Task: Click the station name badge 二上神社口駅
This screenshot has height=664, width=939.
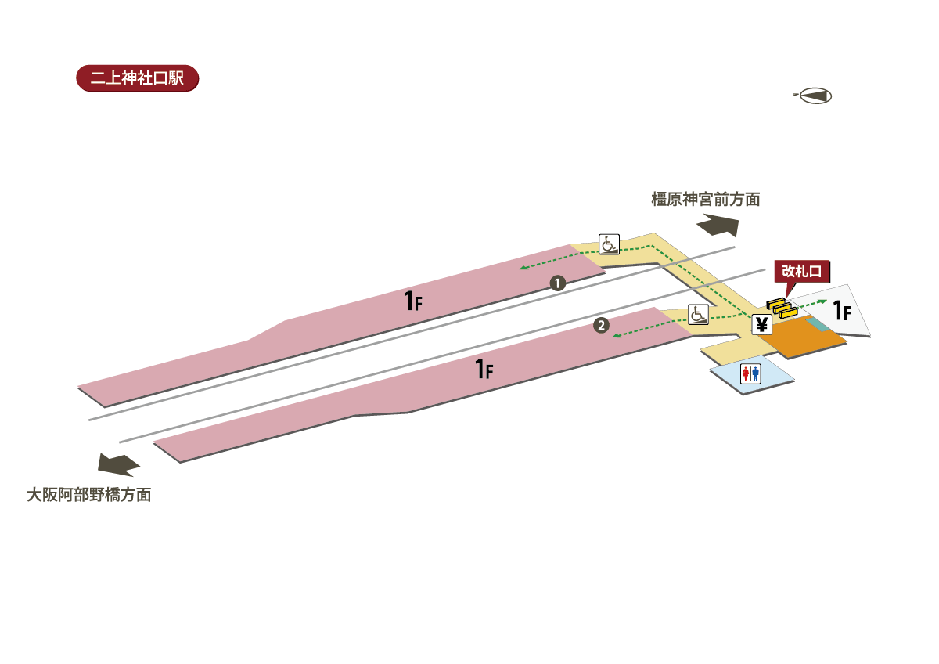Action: tap(137, 80)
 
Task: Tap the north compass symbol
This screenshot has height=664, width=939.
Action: tap(814, 96)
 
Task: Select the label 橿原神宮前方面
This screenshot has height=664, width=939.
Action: tap(706, 200)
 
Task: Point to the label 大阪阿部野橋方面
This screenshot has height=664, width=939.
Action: tap(88, 495)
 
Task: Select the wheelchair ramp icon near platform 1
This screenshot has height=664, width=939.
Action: tap(609, 244)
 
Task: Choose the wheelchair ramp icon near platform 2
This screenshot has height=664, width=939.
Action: tap(698, 315)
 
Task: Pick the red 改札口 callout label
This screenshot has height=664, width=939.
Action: tap(800, 271)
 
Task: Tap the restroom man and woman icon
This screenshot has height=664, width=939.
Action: tap(750, 374)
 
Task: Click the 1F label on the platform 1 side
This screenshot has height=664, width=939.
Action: tap(413, 300)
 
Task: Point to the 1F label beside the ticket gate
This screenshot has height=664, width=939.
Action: tap(842, 312)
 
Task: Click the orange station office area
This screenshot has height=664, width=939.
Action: tap(801, 341)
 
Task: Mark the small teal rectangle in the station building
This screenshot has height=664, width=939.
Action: tap(817, 324)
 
